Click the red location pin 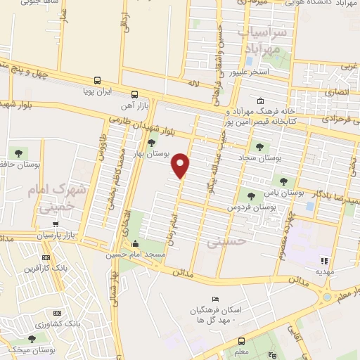click(x=181, y=165)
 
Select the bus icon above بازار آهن click(x=134, y=94)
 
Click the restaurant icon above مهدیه click(x=324, y=260)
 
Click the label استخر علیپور click(x=265, y=71)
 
